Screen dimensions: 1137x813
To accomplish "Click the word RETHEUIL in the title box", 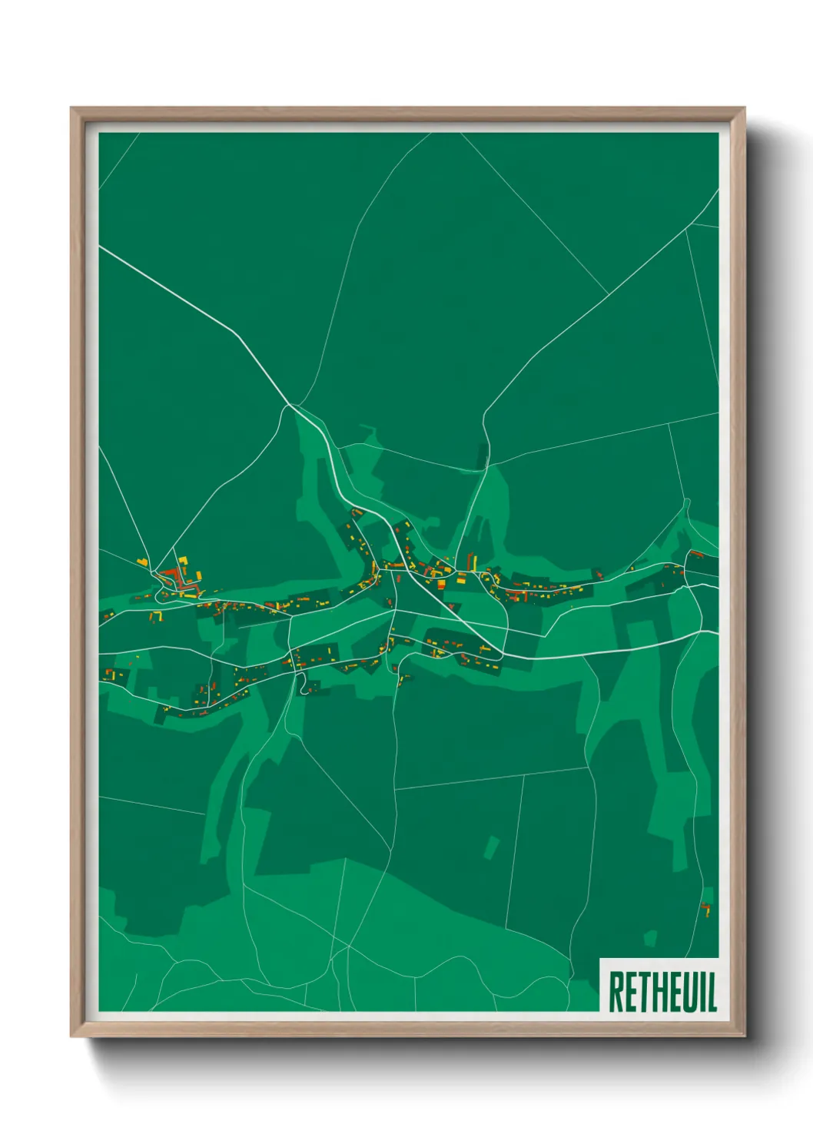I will coord(662,992).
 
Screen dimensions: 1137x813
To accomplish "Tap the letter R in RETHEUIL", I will coord(616,992).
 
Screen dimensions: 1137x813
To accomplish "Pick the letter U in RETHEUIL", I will coord(688,992).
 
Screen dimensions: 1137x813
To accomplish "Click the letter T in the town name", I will coord(643,992).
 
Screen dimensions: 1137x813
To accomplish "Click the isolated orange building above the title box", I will coord(706,910).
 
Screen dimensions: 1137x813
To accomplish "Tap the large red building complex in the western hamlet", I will coord(172,578).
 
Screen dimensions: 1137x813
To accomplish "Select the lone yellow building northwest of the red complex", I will coord(142,562).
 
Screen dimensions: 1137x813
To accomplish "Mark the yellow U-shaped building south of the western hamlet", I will coord(157,615).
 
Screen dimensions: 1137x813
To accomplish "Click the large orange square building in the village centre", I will coord(442,584).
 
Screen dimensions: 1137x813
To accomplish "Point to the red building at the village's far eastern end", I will coord(696,554).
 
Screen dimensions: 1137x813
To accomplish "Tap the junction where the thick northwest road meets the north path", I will coord(290,404).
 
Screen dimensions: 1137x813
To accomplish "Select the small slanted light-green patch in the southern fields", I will coord(492,847).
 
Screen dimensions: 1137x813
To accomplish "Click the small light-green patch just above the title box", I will coord(650,938).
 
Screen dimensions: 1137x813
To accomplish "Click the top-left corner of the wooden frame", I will coord(71,108).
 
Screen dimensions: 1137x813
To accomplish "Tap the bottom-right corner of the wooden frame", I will coord(744,1036).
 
